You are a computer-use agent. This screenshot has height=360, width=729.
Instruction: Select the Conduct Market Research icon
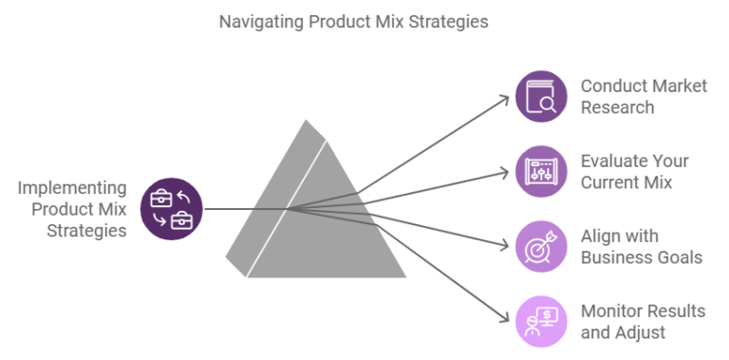click(540, 96)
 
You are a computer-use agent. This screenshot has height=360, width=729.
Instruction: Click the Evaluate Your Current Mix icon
click(540, 171)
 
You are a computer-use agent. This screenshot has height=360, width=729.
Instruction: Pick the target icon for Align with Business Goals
click(540, 247)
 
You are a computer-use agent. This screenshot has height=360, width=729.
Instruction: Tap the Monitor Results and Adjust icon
click(540, 322)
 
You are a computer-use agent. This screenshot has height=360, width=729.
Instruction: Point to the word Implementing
click(72, 187)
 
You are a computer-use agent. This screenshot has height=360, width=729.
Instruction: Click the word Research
click(617, 107)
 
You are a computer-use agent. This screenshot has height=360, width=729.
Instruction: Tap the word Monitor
click(610, 312)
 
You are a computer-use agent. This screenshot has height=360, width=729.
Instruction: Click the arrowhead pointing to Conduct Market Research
click(502, 96)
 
